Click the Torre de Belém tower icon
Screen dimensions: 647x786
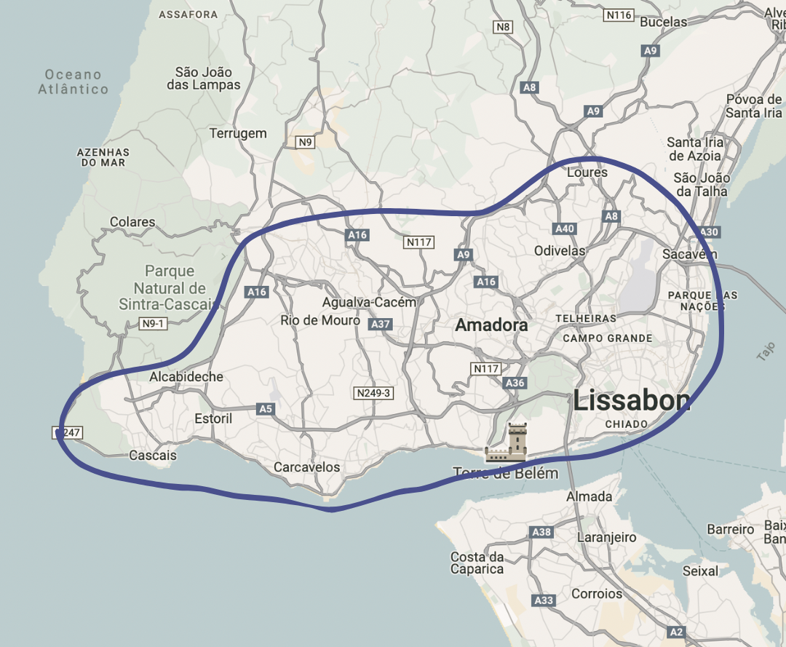pyautogui.click(x=516, y=442)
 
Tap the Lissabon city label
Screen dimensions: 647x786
pyautogui.click(x=631, y=400)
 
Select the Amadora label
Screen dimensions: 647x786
pyautogui.click(x=491, y=325)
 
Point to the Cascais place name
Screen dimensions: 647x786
pyautogui.click(x=152, y=456)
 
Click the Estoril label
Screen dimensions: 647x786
pyautogui.click(x=213, y=418)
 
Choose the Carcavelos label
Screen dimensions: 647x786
pyautogui.click(x=306, y=467)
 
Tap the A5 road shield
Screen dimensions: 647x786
pyautogui.click(x=266, y=410)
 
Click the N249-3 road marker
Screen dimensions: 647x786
pyautogui.click(x=373, y=393)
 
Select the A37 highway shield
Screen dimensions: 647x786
pyautogui.click(x=379, y=324)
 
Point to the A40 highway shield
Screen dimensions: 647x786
pyautogui.click(x=565, y=229)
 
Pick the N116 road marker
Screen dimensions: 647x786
pyautogui.click(x=619, y=15)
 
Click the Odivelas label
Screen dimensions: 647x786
pyautogui.click(x=560, y=250)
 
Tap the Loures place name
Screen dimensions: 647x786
pyautogui.click(x=587, y=172)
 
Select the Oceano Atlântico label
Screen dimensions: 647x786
pyautogui.click(x=73, y=82)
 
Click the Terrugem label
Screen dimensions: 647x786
pyautogui.click(x=238, y=133)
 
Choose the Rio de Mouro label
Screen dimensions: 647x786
pyautogui.click(x=320, y=320)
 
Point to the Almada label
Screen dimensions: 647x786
pyautogui.click(x=589, y=496)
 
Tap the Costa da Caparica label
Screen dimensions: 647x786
pyautogui.click(x=477, y=563)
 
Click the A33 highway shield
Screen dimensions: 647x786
pyautogui.click(x=544, y=600)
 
